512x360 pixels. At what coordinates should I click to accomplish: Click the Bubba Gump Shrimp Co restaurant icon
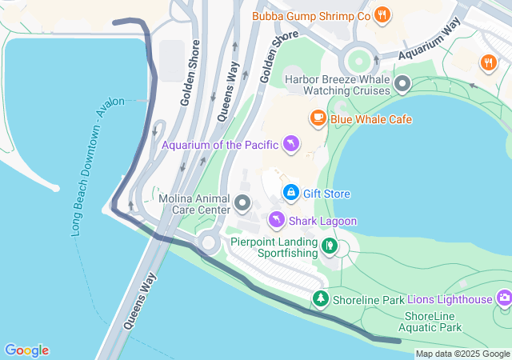click(383, 14)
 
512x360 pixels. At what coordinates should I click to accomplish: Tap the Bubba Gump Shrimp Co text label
click(311, 15)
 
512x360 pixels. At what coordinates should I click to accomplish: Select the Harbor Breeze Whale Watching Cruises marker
click(402, 83)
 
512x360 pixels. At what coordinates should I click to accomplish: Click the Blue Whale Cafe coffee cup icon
click(318, 119)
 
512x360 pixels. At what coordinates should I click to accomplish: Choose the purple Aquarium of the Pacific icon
click(291, 144)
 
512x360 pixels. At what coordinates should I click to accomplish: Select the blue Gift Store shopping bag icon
click(291, 193)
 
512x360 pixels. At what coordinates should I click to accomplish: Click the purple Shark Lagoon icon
click(275, 219)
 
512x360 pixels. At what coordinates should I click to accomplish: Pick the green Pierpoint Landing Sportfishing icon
click(329, 245)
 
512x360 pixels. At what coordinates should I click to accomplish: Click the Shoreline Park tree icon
click(321, 298)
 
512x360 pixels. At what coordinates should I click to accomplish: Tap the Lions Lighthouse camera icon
click(504, 298)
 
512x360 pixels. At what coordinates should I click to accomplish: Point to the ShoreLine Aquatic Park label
click(433, 322)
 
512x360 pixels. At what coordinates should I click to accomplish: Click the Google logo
click(26, 350)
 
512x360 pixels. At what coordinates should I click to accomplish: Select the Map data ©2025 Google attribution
click(462, 354)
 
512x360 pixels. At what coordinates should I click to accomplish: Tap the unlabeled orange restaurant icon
click(488, 62)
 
